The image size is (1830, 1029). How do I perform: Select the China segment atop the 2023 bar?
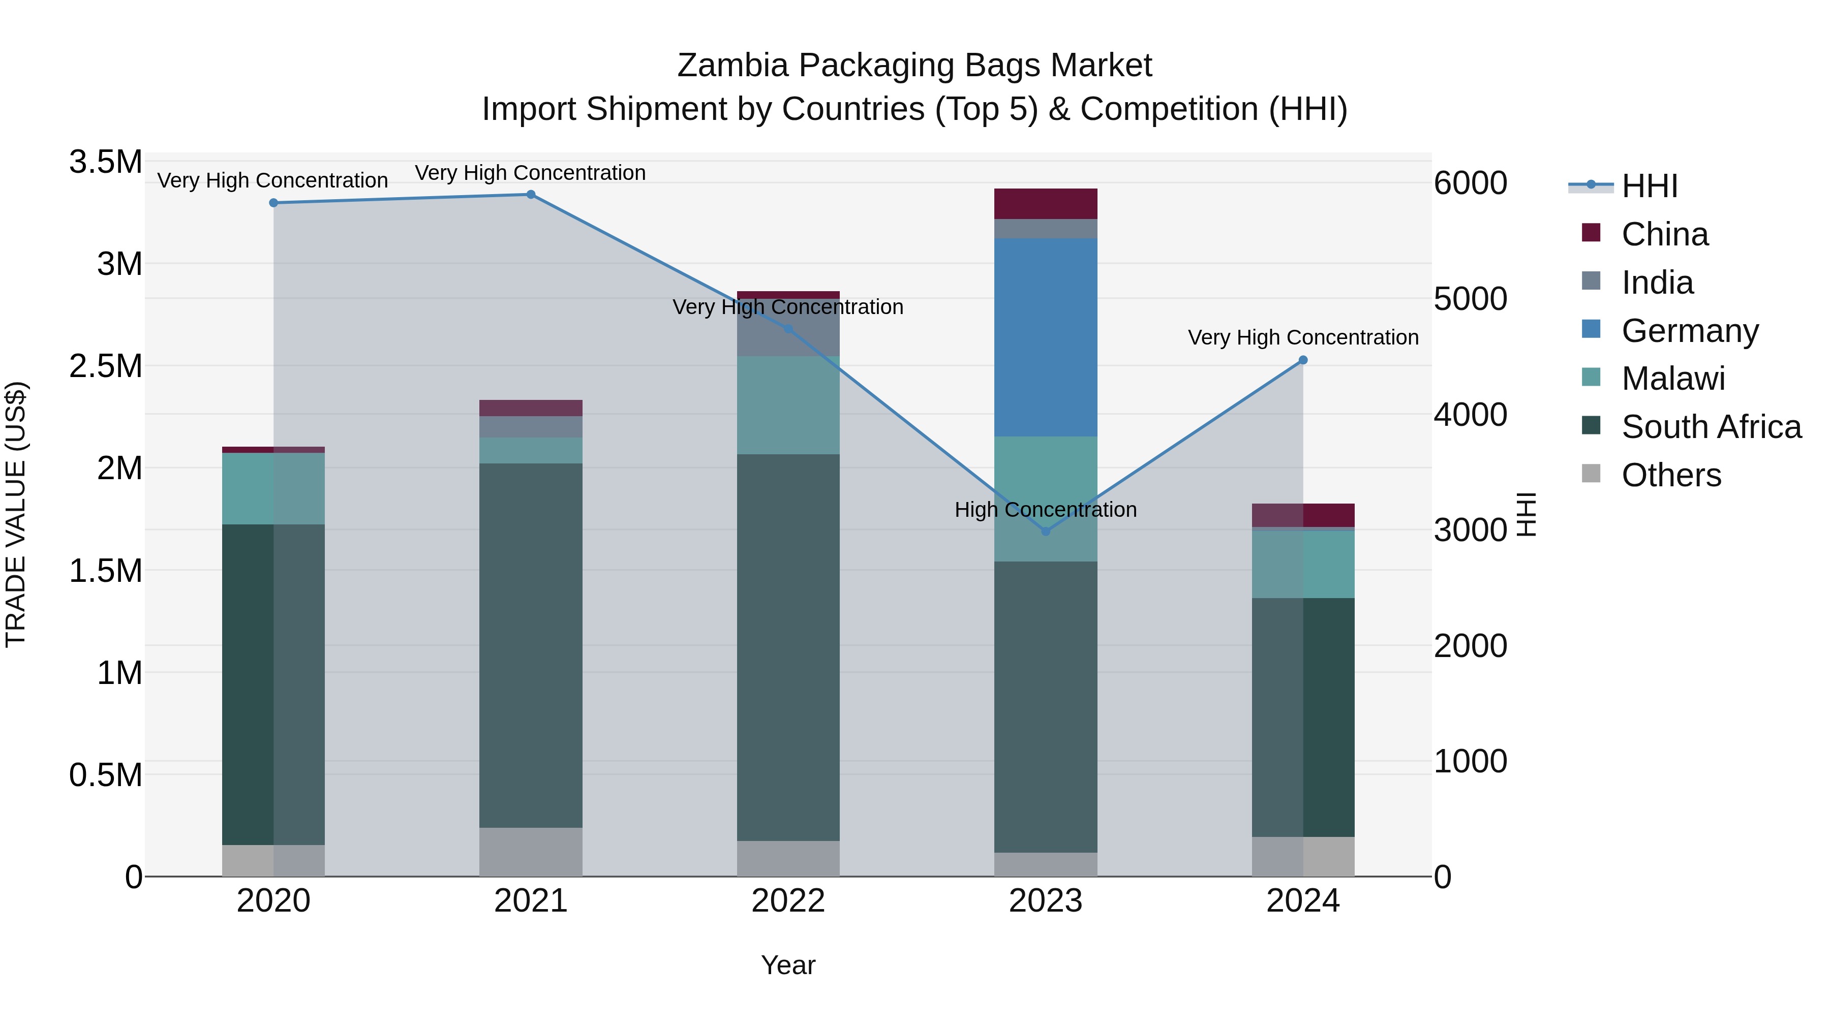(x=1045, y=204)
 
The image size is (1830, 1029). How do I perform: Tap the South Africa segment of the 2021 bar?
(x=531, y=645)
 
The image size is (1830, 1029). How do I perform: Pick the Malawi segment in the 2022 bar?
(x=788, y=405)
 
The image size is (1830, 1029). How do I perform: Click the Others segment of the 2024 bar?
(x=1302, y=856)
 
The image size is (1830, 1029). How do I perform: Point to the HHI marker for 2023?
(x=1045, y=531)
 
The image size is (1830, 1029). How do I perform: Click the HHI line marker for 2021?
(x=531, y=195)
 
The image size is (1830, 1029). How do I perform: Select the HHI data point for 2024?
(x=1302, y=360)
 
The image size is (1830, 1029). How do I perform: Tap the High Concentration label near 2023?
(x=1045, y=509)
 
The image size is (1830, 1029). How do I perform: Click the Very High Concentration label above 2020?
(x=273, y=180)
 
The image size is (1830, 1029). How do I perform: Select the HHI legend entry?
(x=1649, y=186)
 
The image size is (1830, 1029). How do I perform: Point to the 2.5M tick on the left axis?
(x=105, y=366)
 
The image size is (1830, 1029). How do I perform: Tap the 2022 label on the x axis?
(x=788, y=901)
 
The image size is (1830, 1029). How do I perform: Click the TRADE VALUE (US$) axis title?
(x=16, y=514)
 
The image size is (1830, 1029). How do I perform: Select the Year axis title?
(x=788, y=965)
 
